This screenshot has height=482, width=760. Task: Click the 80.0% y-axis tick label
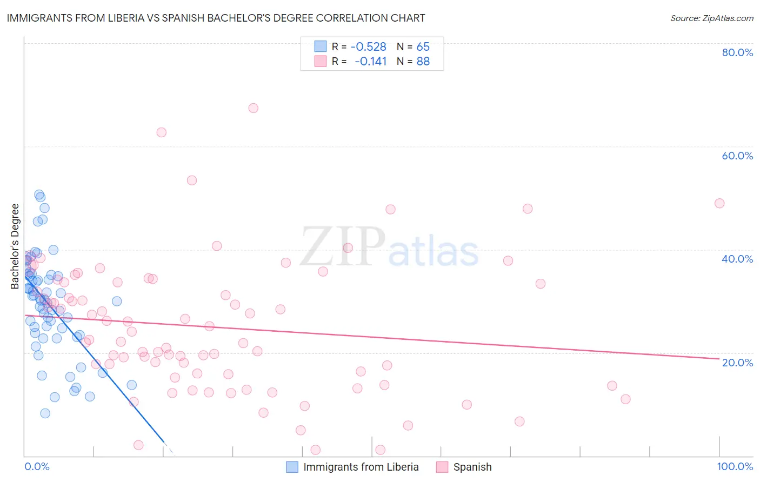point(737,52)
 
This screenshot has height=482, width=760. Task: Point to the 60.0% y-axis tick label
point(737,156)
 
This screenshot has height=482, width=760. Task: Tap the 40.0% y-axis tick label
point(737,259)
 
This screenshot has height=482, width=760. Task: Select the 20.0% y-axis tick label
point(737,362)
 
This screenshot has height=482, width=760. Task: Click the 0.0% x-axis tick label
point(37,466)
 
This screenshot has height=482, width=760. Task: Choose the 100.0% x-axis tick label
point(735,466)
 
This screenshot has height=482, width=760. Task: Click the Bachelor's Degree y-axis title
point(15,246)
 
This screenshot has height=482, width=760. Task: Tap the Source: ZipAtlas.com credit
point(711,18)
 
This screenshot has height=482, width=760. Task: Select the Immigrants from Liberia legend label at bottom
point(361,467)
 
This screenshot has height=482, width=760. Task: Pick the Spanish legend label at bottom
point(472,467)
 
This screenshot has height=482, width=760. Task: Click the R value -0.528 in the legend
point(368,46)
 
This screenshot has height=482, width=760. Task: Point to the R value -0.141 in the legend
point(370,61)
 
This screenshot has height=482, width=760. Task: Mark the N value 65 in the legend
point(423,46)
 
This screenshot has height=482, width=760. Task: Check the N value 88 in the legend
point(423,61)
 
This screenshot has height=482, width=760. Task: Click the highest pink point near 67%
point(253,108)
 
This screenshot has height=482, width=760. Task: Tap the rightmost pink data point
point(719,203)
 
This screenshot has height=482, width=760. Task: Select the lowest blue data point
point(45,413)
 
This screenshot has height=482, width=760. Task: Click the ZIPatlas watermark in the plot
point(389,247)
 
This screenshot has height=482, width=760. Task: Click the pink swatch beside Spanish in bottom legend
point(442,467)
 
